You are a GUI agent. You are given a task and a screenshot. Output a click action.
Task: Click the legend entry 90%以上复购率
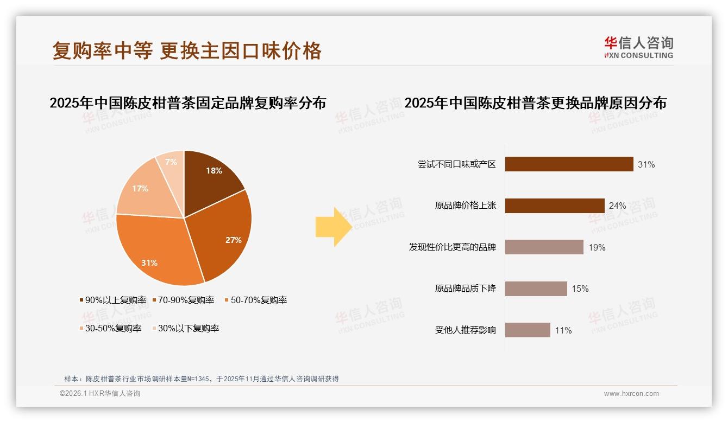[x=112, y=300]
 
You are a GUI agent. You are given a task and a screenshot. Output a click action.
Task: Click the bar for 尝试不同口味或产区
[x=569, y=164]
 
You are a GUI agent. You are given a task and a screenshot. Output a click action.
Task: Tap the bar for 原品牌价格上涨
[x=555, y=206]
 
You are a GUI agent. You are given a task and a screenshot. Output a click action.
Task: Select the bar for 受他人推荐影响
[x=528, y=330]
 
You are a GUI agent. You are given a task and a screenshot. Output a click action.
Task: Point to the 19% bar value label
[x=597, y=247]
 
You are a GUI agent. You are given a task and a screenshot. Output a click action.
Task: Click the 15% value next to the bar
[x=580, y=289]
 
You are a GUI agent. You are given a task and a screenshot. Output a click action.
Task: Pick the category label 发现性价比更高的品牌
[x=452, y=247]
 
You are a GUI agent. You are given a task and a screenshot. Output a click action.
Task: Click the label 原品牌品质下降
[x=465, y=289]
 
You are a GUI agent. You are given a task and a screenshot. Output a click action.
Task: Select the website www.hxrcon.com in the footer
[x=631, y=394]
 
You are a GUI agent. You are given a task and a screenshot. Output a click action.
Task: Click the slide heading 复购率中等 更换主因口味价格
[x=187, y=51]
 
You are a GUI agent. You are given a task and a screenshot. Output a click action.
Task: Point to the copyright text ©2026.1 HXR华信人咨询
[x=100, y=394]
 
